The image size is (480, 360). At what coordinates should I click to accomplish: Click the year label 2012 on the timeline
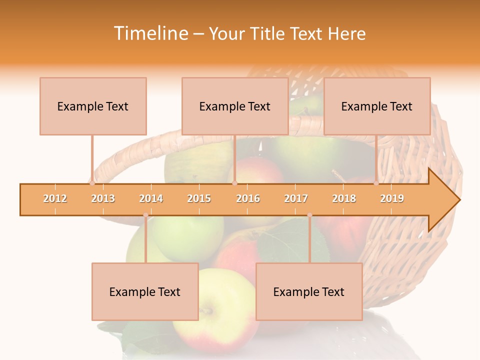[55, 199]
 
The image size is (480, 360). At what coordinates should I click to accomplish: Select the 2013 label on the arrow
[103, 199]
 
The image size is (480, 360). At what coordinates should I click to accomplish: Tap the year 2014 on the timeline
[151, 199]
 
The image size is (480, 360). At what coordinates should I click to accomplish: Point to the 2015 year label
[199, 199]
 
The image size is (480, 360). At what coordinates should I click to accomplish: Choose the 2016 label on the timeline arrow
[248, 199]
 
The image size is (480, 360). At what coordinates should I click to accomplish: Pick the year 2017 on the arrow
[296, 199]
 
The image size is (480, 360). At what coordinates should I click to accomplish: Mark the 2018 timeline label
[344, 199]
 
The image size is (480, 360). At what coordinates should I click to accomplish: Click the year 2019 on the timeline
[392, 199]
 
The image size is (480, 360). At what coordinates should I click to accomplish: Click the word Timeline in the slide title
[150, 33]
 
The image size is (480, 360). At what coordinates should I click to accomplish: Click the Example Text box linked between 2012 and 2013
[93, 106]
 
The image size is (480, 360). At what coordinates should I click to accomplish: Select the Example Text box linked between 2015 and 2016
[235, 106]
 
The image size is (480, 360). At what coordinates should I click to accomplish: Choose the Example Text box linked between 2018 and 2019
[377, 106]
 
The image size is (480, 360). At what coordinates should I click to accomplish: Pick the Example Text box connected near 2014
[145, 292]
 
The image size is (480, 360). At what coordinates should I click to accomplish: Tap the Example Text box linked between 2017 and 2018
[309, 292]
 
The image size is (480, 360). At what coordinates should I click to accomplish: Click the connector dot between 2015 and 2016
[234, 183]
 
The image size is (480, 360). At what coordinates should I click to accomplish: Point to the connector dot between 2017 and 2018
[309, 215]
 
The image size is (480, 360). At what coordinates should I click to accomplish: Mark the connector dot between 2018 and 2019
[376, 183]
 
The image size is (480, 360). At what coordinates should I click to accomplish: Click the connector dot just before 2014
[145, 215]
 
